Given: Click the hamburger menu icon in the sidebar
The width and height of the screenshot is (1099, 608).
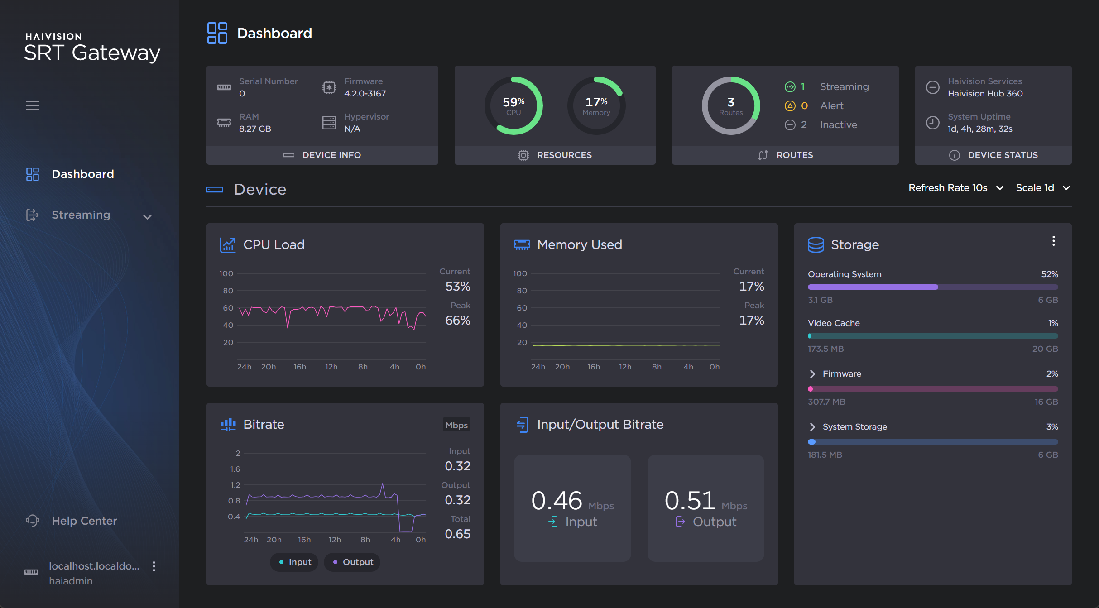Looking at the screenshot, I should (32, 105).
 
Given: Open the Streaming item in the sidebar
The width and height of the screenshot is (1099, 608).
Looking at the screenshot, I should (81, 215).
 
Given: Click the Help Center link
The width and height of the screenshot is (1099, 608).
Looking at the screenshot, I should (84, 521).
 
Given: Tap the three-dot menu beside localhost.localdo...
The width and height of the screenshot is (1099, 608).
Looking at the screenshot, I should (154, 566).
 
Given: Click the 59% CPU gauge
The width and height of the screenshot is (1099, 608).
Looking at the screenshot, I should (514, 105).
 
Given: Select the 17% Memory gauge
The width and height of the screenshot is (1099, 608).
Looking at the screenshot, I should (596, 105).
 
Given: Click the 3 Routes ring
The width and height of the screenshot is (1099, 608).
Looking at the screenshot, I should (730, 105).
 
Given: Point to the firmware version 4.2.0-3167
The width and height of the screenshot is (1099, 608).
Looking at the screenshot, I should (365, 94).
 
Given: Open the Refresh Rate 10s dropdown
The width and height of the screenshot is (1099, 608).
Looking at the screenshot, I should (955, 188).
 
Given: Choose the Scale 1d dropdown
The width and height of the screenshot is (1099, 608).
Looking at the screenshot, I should (1042, 188).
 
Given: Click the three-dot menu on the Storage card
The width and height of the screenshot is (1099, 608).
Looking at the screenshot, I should (1053, 241).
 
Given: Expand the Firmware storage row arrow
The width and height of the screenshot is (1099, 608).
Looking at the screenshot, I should (812, 374).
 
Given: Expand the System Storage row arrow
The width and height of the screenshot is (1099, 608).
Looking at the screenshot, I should (812, 427).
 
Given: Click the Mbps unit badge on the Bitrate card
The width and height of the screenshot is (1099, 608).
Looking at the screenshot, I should (456, 425).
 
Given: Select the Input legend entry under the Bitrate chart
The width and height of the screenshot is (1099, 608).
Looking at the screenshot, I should (295, 562).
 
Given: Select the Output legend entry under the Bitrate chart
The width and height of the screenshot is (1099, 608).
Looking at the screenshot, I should (352, 562).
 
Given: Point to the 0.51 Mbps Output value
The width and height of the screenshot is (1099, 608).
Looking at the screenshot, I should (690, 501).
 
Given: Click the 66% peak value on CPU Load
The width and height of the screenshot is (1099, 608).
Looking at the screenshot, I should (457, 321).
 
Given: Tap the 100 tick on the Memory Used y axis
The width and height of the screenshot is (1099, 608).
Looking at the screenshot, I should (520, 273).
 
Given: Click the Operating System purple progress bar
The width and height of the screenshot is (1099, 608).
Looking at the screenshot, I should (873, 287).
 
